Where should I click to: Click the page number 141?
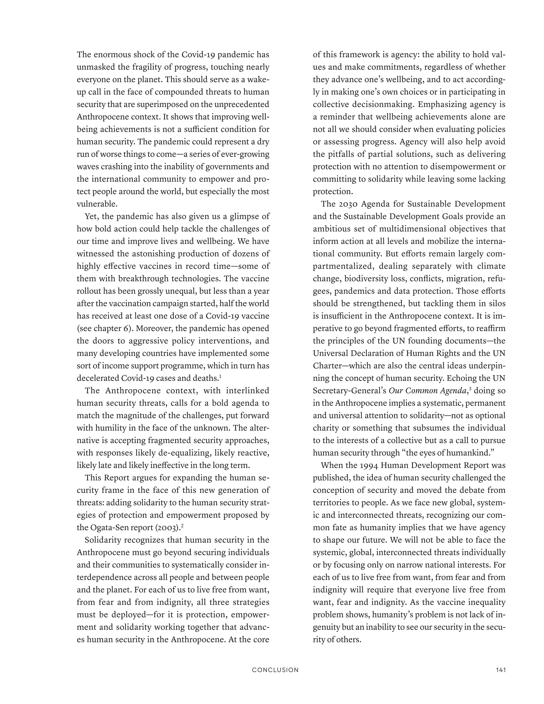pos(500,670)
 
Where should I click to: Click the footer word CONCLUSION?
pos(275,670)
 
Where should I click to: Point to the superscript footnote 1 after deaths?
pos(220,376)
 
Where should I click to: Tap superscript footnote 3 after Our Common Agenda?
pos(470,389)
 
